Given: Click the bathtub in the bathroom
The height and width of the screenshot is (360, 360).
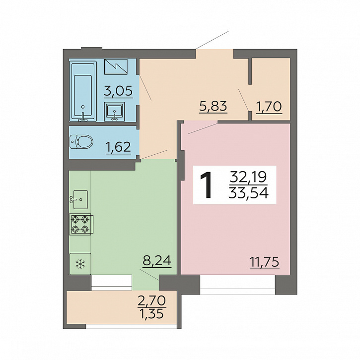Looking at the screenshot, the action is pos(83,91).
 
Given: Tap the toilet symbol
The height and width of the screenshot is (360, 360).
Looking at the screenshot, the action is pos(81,141).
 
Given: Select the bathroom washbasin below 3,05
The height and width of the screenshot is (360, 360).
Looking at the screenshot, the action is pos(115,112).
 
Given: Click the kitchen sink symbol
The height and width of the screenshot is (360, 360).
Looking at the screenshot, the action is pos(79,199).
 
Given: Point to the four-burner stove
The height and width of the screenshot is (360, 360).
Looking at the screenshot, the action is pos(81,224).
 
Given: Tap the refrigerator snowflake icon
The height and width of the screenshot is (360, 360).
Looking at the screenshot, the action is pos(80,264).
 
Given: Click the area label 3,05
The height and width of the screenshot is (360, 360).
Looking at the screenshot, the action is pos(118,91).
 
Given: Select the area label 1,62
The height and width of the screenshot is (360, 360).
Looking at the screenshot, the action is pos(118,147).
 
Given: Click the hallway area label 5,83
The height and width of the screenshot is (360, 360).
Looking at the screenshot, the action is pos(213,106).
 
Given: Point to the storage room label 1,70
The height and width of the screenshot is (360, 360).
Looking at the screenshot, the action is pos(269,107).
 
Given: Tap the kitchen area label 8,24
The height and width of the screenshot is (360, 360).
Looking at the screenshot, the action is pos(157,261).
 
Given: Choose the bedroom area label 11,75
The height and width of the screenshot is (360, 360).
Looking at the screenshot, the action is pos(264,262).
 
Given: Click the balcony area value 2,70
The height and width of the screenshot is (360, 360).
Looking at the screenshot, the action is pos(151,300).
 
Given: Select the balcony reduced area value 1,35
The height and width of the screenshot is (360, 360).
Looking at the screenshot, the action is pos(152,313).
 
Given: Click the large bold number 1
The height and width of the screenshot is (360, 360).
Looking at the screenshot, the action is pos(206,185).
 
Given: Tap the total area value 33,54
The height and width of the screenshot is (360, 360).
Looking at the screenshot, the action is pos(248,193).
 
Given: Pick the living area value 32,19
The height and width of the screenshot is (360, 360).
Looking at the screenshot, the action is pos(248,177).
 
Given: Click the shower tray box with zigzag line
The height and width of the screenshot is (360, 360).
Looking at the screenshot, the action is pos(116,67).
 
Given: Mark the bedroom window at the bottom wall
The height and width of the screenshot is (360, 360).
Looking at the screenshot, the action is pos(237,285).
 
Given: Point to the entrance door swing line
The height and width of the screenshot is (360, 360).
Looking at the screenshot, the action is pos(212,40).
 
